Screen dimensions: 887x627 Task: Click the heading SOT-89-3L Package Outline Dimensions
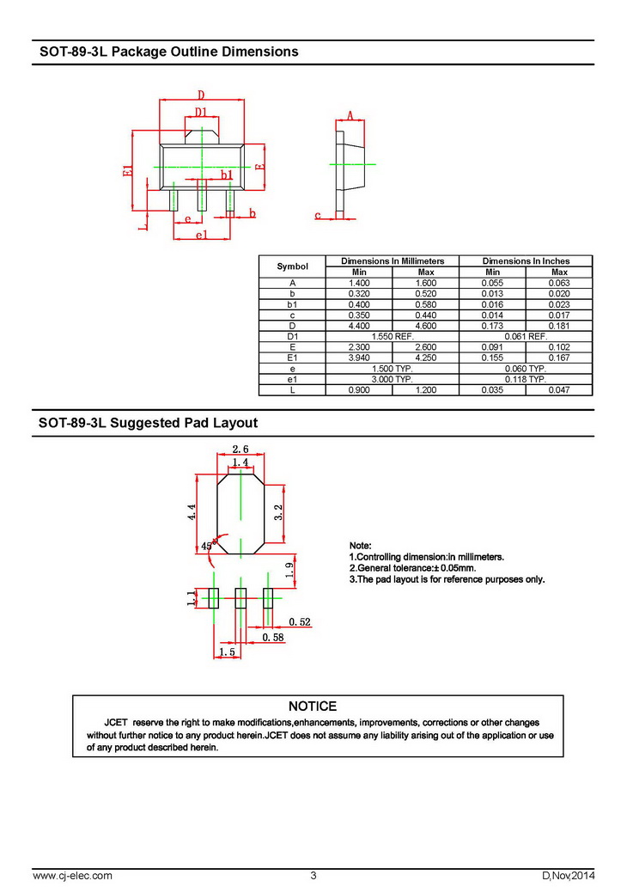point(169,52)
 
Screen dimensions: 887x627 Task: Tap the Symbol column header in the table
point(292,266)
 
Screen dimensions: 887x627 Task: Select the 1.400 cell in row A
point(359,283)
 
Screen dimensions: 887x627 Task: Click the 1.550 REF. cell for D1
point(392,336)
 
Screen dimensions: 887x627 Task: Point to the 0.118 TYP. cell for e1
point(526,378)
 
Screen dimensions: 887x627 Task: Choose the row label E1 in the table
point(292,358)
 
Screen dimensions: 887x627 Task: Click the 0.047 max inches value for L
point(559,389)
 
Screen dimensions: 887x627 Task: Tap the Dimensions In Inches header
point(526,260)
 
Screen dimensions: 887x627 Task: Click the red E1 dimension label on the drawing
point(127,170)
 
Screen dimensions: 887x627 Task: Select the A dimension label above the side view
point(350,115)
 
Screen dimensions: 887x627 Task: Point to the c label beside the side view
point(317,215)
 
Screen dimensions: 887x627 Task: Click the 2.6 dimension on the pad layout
point(240,449)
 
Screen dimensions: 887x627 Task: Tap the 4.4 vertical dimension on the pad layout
point(192,512)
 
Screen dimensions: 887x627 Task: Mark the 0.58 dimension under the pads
point(273,637)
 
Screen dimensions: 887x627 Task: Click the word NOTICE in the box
point(313,706)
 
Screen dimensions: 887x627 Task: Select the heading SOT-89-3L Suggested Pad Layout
point(149,423)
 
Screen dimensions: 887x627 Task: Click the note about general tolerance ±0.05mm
point(412,568)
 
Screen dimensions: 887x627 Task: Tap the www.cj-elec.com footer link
point(72,875)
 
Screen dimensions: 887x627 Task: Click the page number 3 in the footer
point(313,875)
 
